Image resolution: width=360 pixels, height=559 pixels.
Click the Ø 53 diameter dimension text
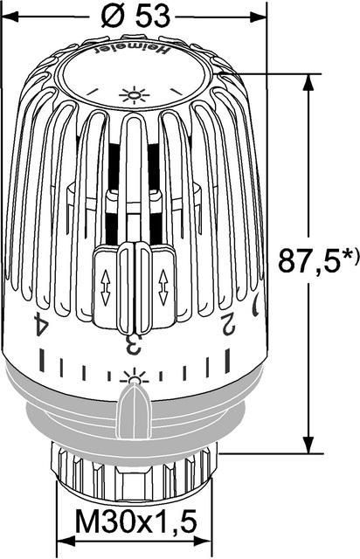pos(135,17)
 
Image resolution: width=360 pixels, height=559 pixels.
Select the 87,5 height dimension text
pos(308,260)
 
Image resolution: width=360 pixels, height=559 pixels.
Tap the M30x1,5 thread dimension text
pos(135,522)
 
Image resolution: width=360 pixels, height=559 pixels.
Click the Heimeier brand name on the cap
pos(131,50)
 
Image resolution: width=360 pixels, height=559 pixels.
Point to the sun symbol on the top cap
pos(134,95)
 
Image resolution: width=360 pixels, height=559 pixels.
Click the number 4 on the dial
pos(41,323)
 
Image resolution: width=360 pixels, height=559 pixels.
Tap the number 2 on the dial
pos(229,324)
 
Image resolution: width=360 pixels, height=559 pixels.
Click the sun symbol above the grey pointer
pos(135,376)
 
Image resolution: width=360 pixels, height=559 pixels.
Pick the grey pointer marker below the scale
pos(135,411)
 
